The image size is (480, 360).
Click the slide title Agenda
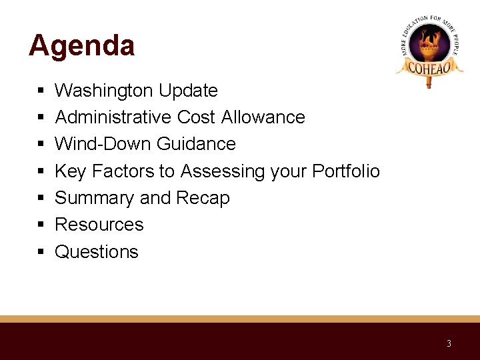[81, 46]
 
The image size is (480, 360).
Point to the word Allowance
[263, 117]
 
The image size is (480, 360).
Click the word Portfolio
[347, 171]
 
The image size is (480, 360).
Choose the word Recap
[203, 198]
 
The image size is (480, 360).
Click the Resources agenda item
[99, 225]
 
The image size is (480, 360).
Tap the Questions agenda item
[97, 252]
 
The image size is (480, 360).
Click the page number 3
[449, 344]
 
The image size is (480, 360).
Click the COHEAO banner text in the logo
[429, 67]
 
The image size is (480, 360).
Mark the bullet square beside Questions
[41, 253]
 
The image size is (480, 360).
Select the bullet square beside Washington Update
[41, 91]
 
